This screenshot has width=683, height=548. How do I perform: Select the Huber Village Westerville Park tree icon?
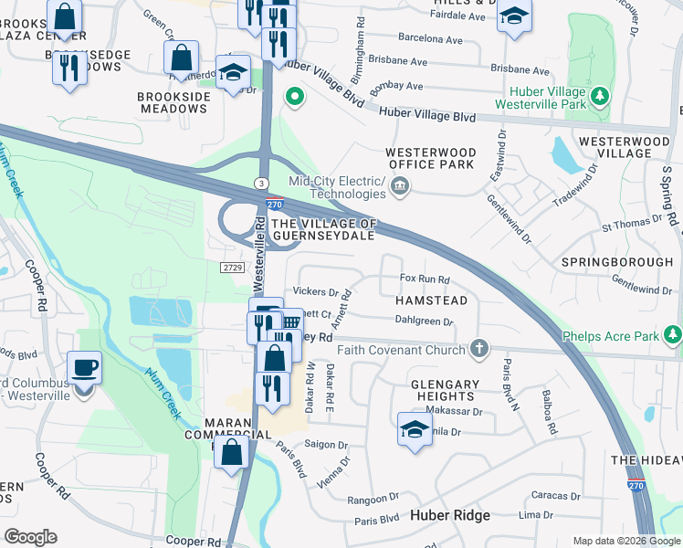click(x=599, y=97)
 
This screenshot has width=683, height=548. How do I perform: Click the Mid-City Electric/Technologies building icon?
click(x=400, y=187)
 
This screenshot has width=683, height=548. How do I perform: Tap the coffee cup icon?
click(x=84, y=368)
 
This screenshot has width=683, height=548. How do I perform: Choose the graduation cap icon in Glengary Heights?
click(x=415, y=429)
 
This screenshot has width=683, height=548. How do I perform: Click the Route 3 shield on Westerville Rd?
click(x=261, y=183)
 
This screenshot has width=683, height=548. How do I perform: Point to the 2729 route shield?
click(x=232, y=266)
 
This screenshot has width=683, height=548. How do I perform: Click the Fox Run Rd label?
click(x=425, y=279)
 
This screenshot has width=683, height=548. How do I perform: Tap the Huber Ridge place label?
click(x=449, y=515)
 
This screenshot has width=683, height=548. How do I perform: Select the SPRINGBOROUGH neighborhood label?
click(x=616, y=262)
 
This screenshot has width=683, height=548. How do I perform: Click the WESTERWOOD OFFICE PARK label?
click(x=431, y=158)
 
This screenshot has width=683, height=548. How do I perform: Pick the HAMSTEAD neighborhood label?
click(x=431, y=300)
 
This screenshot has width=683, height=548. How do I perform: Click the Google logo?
click(x=30, y=537)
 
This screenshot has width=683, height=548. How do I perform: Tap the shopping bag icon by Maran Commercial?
click(x=232, y=451)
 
